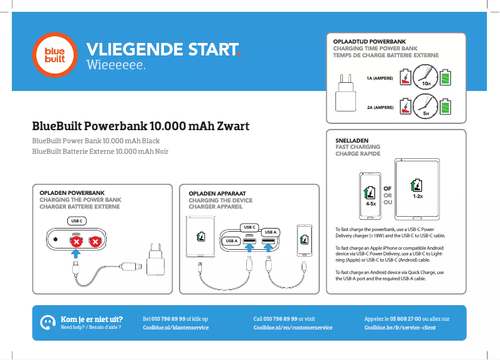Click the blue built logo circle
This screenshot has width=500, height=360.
pyautogui.click(x=58, y=55)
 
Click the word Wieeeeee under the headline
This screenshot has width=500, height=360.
pyautogui.click(x=116, y=65)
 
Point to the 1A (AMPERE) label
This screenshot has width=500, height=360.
pyautogui.click(x=380, y=78)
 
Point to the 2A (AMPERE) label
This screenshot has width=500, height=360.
pyautogui.click(x=380, y=107)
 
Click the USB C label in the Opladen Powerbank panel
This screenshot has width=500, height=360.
pyautogui.click(x=77, y=220)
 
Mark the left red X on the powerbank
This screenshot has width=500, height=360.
pyautogui.click(x=76, y=240)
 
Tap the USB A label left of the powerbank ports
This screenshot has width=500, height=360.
pyautogui.click(x=231, y=240)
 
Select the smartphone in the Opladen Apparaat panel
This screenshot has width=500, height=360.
pyautogui.click(x=304, y=239)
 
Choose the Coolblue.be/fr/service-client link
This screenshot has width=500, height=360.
pyautogui.click(x=400, y=327)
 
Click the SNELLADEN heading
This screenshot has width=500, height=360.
pyautogui.click(x=352, y=141)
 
